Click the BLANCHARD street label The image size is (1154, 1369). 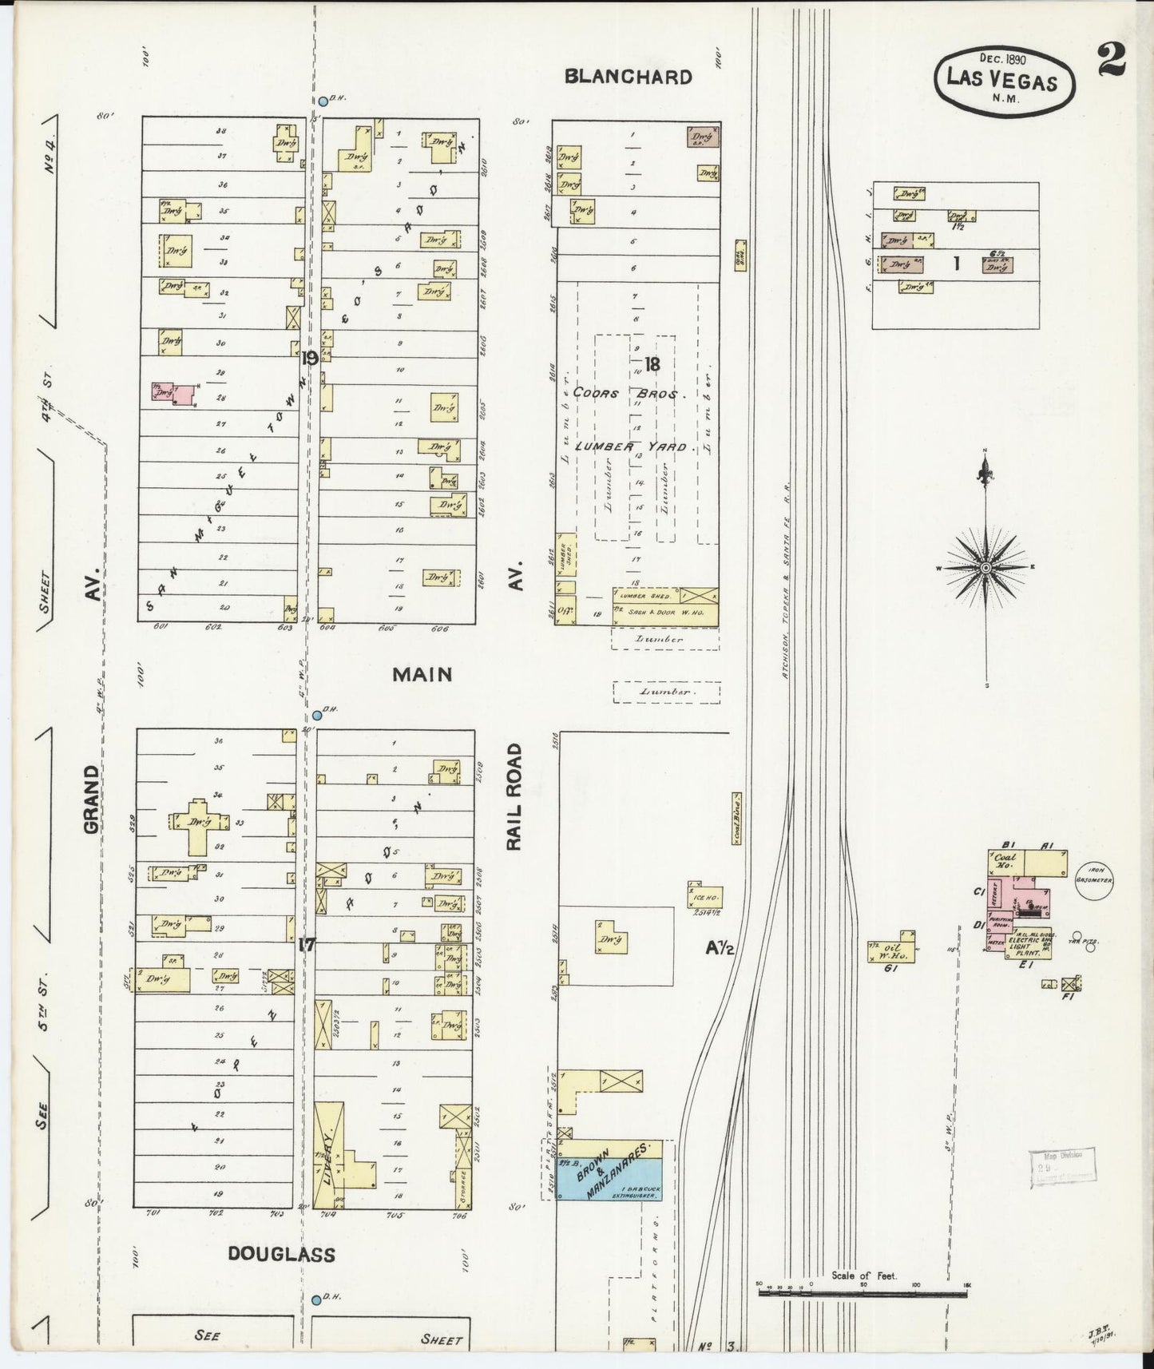(628, 77)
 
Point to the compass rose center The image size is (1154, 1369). (985, 567)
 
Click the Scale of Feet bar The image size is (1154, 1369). (864, 1293)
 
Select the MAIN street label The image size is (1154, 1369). (422, 674)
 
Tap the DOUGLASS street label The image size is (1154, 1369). (281, 1254)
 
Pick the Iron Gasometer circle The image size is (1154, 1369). (1094, 879)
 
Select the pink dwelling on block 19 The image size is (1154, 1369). (176, 394)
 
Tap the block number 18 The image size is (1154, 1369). (652, 364)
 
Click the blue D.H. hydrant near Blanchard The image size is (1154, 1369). (323, 101)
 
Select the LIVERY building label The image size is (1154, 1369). (328, 1155)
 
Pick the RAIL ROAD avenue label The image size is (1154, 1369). (515, 796)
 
